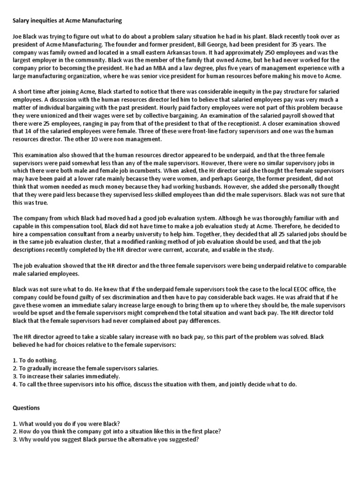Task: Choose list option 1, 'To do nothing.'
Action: coord(35,360)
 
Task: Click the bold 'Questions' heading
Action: coord(26,407)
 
